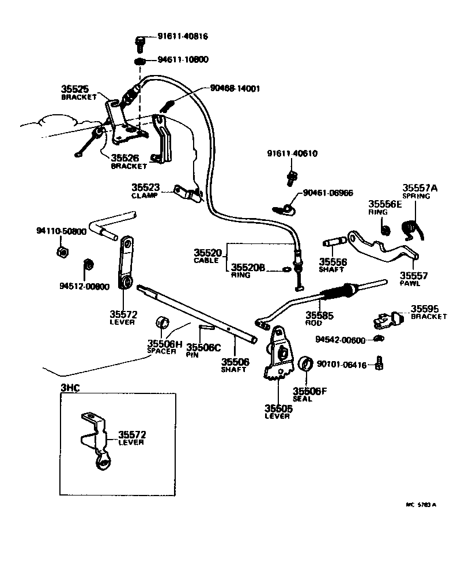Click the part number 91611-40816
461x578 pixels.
pyautogui.click(x=183, y=36)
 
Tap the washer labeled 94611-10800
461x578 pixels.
pyautogui.click(x=140, y=61)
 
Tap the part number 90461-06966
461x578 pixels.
pyautogui.click(x=327, y=193)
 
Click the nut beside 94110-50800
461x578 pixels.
pyautogui.click(x=61, y=252)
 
